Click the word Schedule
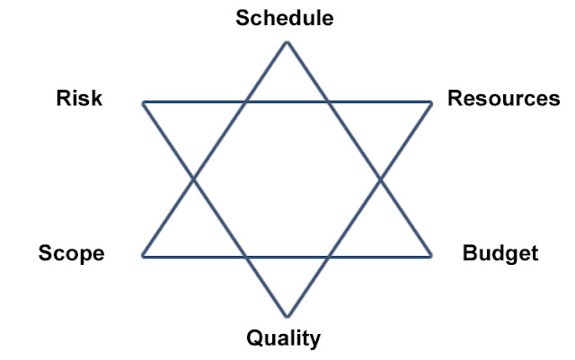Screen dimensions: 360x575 click(286, 17)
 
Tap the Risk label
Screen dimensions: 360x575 click(79, 98)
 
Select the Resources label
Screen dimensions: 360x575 click(503, 98)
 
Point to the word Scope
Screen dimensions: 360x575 click(71, 253)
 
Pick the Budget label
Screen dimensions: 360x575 click(500, 253)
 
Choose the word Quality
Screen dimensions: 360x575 click(284, 338)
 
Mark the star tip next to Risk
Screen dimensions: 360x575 click(144, 102)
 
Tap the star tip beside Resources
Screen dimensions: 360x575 click(431, 102)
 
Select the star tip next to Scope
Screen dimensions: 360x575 click(144, 257)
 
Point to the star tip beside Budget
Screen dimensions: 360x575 click(431, 257)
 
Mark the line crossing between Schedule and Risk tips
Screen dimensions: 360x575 click(244, 102)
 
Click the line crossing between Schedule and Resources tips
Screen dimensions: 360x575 click(329, 102)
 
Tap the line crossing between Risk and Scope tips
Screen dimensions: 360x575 click(194, 180)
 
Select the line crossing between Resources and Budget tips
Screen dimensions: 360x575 click(381, 180)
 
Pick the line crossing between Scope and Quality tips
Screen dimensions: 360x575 click(244, 257)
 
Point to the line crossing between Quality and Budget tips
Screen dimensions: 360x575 click(329, 257)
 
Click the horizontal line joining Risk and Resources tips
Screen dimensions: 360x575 click(287, 102)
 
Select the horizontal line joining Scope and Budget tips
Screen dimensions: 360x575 click(287, 257)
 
